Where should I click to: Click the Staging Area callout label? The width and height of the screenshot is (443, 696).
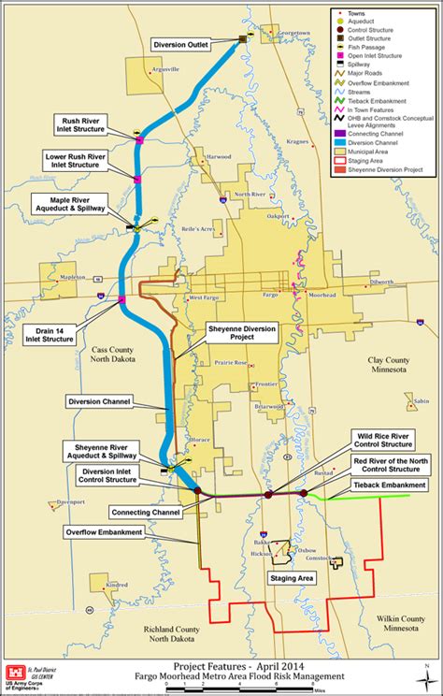[292, 579]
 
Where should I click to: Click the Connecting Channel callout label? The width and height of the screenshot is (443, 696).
[144, 512]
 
